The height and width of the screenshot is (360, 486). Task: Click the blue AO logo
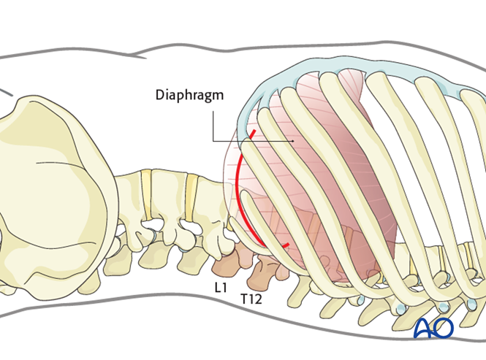(433, 328)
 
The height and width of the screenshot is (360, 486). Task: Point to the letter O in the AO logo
(444, 328)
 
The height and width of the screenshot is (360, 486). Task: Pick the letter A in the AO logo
(424, 328)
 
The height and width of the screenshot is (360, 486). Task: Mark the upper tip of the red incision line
(254, 132)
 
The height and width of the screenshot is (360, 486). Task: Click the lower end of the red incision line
(289, 245)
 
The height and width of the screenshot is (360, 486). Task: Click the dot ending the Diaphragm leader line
(294, 140)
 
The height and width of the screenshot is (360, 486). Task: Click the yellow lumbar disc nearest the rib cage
(191, 196)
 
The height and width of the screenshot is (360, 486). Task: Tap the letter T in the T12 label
(243, 299)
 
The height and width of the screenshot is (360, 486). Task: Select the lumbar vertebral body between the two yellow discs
(169, 196)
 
